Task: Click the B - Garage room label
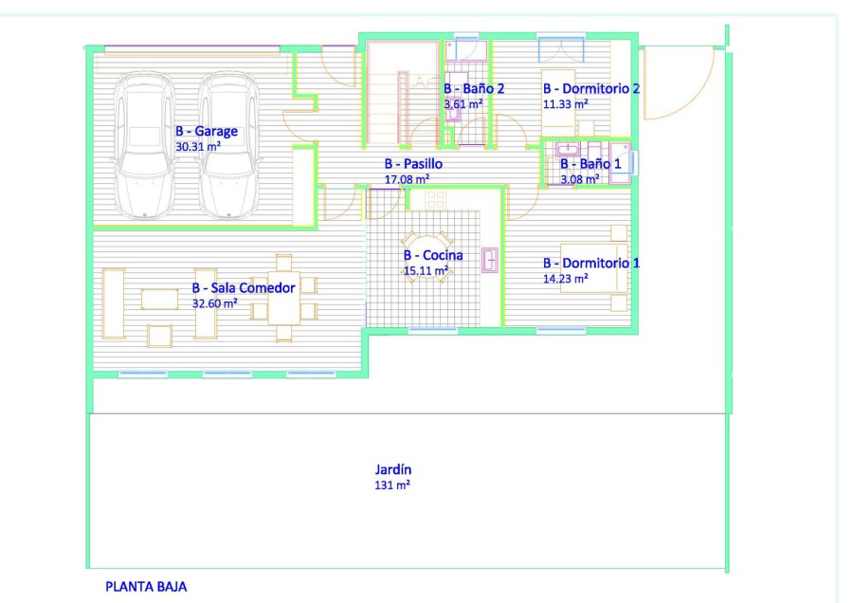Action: pyautogui.click(x=207, y=131)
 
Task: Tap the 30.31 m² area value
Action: pyautogui.click(x=198, y=146)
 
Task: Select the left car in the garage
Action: pyautogui.click(x=144, y=145)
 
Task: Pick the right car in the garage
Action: pyautogui.click(x=229, y=145)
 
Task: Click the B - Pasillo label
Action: pyautogui.click(x=413, y=164)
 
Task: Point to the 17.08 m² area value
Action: pyautogui.click(x=407, y=179)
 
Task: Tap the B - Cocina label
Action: pyautogui.click(x=433, y=255)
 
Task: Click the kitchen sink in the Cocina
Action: pyautogui.click(x=490, y=260)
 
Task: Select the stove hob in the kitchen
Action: pyautogui.click(x=436, y=200)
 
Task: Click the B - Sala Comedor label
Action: pyautogui.click(x=244, y=288)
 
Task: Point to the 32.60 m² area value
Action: pyautogui.click(x=215, y=303)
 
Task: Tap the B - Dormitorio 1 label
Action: pyautogui.click(x=591, y=264)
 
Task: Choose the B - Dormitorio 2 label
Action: pyautogui.click(x=591, y=89)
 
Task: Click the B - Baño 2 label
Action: pyautogui.click(x=474, y=89)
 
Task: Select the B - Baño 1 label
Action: pyautogui.click(x=590, y=164)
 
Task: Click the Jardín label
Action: pyautogui.click(x=392, y=469)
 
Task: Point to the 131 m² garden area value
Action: pyautogui.click(x=392, y=484)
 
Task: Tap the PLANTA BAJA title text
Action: pyautogui.click(x=146, y=587)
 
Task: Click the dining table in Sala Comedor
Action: pyautogui.click(x=283, y=298)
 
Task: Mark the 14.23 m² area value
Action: pyautogui.click(x=566, y=279)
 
